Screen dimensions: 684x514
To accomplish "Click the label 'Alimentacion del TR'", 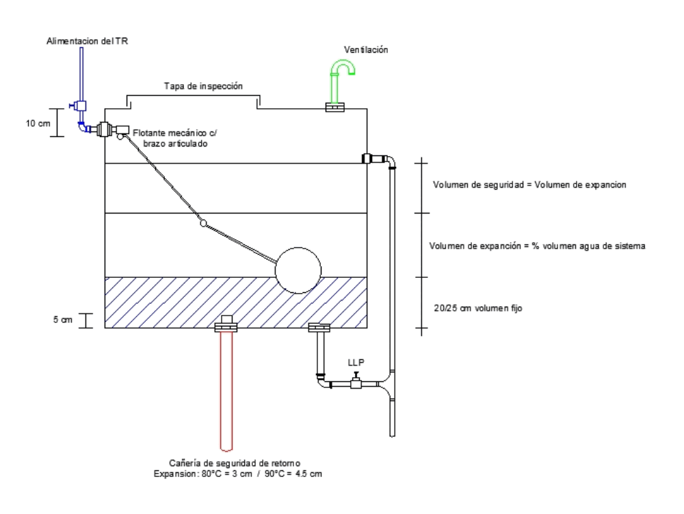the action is click(x=88, y=41).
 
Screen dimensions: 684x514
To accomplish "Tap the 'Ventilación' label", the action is click(x=366, y=50).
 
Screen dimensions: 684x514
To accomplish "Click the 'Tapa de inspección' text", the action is click(x=203, y=86).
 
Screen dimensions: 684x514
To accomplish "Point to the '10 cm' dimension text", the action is click(x=38, y=123).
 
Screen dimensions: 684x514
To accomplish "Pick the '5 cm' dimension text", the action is click(x=63, y=320).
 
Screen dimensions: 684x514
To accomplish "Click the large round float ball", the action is click(x=298, y=270).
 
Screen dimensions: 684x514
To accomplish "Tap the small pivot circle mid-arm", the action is click(x=203, y=223).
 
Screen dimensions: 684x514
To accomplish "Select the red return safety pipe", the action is click(x=226, y=391).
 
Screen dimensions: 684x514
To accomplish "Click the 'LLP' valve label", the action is click(x=356, y=363).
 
